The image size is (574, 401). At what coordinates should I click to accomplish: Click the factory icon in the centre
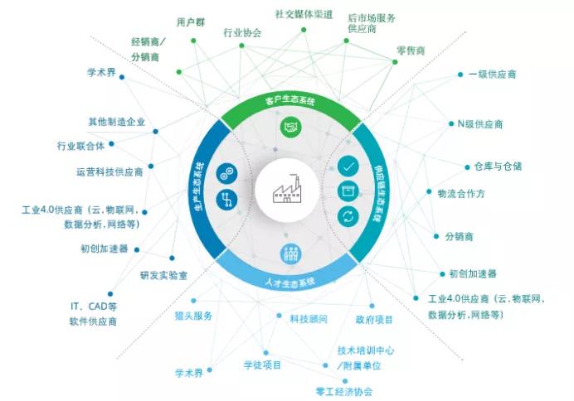click(287, 190)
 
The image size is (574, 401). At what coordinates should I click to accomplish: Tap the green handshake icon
click(291, 128)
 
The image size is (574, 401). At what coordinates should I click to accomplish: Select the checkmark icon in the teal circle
click(348, 167)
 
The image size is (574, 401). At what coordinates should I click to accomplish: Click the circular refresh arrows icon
click(348, 217)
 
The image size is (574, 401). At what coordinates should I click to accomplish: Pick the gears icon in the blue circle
click(226, 174)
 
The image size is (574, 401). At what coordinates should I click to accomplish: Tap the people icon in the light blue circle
click(291, 254)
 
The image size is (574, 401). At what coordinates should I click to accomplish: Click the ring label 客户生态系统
click(290, 100)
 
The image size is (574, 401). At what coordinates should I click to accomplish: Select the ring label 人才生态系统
click(290, 283)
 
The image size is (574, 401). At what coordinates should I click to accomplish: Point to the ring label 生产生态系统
click(197, 186)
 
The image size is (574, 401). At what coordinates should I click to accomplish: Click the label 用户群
click(191, 22)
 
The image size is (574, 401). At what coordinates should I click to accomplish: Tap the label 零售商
click(411, 51)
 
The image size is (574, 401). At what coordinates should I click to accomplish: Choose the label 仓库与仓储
click(498, 167)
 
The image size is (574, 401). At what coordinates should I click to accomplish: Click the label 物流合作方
click(461, 193)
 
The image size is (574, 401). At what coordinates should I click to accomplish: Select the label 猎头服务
click(193, 316)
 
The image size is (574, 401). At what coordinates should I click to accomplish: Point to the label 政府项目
click(374, 320)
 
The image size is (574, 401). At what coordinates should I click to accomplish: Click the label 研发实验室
click(163, 275)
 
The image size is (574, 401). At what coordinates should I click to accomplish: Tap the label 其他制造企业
click(117, 122)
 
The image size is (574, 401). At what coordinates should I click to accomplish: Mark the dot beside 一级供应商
click(460, 75)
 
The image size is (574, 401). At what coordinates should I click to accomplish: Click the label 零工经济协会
click(343, 392)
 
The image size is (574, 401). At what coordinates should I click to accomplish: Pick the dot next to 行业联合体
click(111, 143)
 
